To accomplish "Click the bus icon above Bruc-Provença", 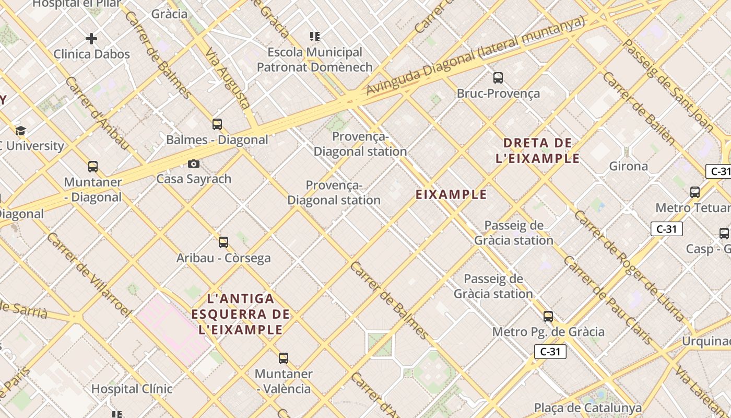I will pyautogui.click(x=498, y=78).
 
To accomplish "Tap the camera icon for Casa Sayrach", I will pyautogui.click(x=194, y=164).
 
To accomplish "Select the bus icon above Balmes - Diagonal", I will pyautogui.click(x=217, y=124).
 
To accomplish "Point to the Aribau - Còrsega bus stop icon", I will pyautogui.click(x=223, y=242).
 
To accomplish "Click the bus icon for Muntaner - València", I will pyautogui.click(x=284, y=358).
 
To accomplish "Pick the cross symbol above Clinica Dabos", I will pyautogui.click(x=91, y=39).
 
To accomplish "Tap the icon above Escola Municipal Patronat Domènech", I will pyautogui.click(x=315, y=37).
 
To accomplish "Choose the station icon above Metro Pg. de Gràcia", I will pyautogui.click(x=548, y=317).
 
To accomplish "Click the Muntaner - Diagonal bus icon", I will pyautogui.click(x=93, y=167).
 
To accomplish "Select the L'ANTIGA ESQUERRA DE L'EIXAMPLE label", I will pyautogui.click(x=241, y=314).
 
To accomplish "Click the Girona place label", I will pyautogui.click(x=629, y=167).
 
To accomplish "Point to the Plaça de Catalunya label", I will pyautogui.click(x=587, y=408).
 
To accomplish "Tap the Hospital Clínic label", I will pyautogui.click(x=132, y=389).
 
